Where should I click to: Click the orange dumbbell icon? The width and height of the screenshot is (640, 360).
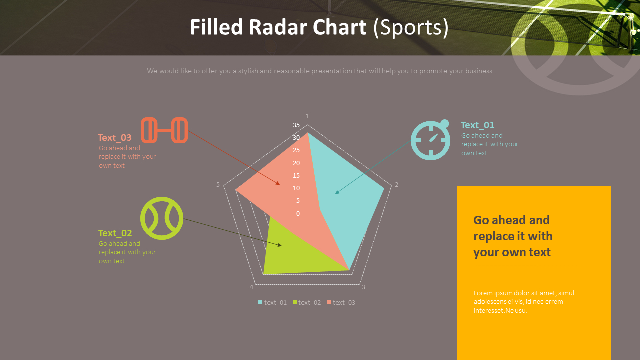[x=164, y=130]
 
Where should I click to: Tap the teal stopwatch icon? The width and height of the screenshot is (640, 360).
[x=430, y=140]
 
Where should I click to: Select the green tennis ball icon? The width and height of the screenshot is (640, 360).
[x=161, y=218]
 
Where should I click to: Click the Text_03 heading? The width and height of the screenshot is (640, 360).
[x=115, y=138]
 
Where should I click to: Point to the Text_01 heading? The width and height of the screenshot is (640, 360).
[x=477, y=125]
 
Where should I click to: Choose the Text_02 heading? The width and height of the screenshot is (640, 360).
[x=115, y=233]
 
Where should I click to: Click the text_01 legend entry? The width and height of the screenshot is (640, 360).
[x=272, y=302]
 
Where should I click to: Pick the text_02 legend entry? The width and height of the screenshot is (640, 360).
[x=306, y=302]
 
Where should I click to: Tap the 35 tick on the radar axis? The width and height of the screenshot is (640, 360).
[x=296, y=125]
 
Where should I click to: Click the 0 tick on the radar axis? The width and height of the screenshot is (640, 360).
[x=298, y=214]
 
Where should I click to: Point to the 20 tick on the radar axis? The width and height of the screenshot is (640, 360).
[x=296, y=163]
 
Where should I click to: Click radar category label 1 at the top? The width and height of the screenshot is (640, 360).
[x=307, y=116]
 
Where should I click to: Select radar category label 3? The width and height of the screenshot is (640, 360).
[x=363, y=287]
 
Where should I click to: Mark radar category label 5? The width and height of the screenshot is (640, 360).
[x=218, y=185]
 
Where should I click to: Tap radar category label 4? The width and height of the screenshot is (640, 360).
[x=251, y=287]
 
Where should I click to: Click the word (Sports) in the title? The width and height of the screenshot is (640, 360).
[x=411, y=28]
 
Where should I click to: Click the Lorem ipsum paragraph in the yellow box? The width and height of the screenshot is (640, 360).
[x=524, y=302]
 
